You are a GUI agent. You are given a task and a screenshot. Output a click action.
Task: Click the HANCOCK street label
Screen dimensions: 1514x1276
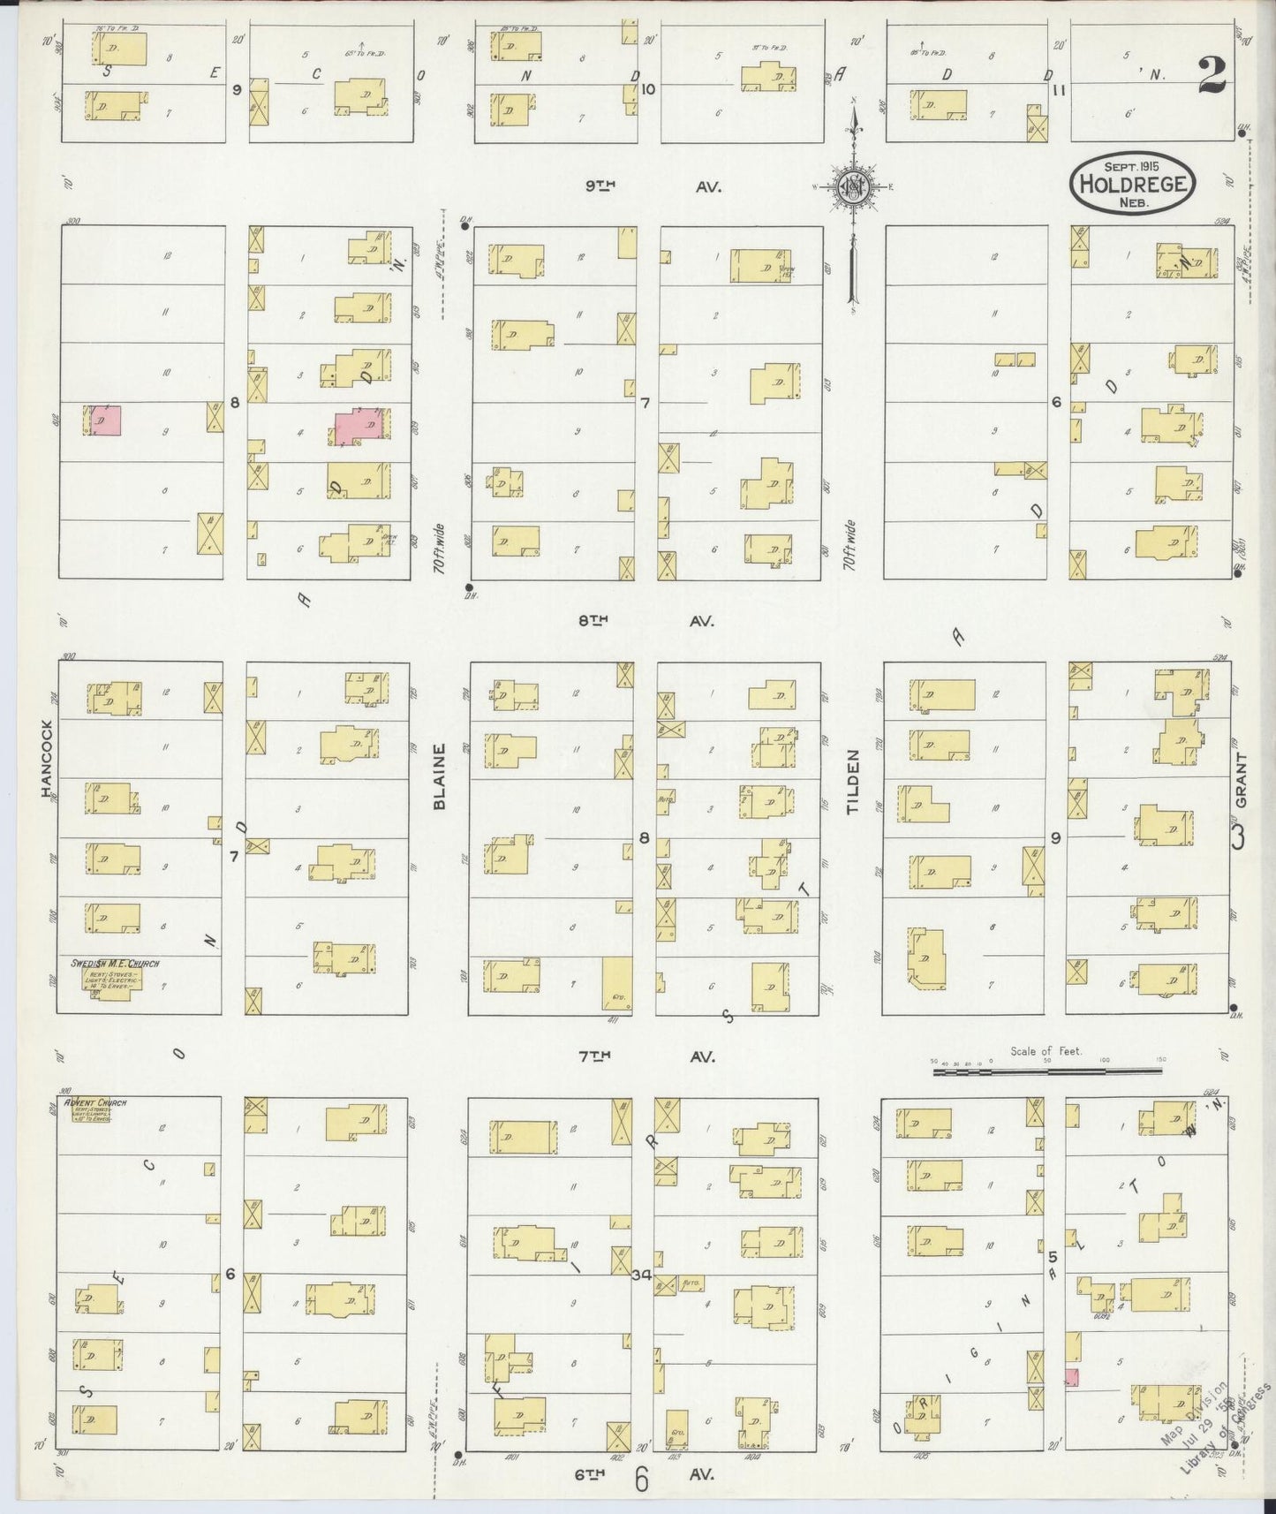[x=47, y=759]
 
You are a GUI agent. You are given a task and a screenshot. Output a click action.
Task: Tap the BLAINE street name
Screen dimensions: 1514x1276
[x=439, y=776]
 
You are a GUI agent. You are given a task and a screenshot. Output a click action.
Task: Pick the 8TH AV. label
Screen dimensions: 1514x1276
[x=646, y=621]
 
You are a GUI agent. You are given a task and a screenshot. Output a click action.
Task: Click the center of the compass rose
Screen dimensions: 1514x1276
[x=855, y=185]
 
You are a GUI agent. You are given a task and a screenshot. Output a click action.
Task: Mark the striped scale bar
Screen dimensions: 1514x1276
[x=1046, y=1071]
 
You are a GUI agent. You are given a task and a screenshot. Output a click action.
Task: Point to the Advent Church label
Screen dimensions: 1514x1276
[x=101, y=1102]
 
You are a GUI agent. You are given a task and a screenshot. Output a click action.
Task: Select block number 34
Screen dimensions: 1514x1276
[x=642, y=1275]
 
